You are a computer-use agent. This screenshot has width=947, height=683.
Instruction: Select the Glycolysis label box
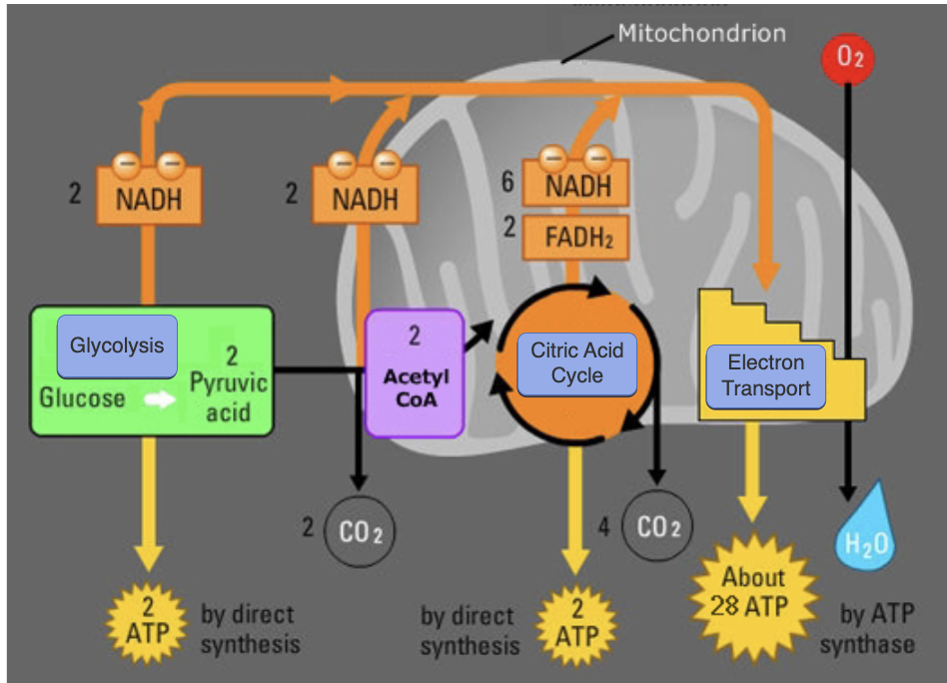click(117, 346)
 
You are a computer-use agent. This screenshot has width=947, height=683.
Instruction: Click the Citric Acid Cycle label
click(576, 363)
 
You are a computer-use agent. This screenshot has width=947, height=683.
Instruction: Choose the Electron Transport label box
click(766, 375)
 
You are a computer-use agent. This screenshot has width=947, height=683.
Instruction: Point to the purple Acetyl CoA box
click(415, 373)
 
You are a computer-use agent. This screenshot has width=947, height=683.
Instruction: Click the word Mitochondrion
click(701, 33)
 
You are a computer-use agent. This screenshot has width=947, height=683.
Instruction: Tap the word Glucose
click(82, 397)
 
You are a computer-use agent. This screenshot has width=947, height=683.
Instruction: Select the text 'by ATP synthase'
click(866, 628)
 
